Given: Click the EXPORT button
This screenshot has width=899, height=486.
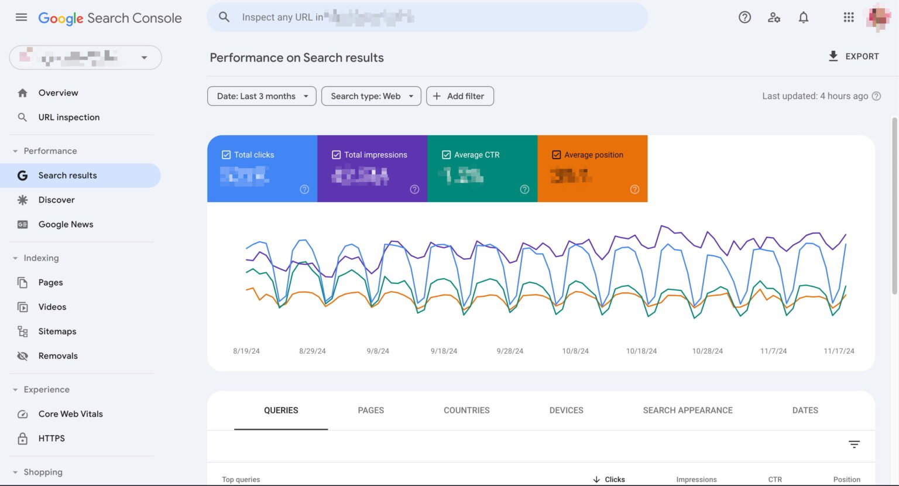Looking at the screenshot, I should (x=853, y=56).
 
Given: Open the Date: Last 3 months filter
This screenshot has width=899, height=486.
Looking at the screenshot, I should (x=262, y=96).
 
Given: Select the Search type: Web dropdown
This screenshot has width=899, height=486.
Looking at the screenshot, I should (x=371, y=96).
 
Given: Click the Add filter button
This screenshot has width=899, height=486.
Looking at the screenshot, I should (x=460, y=96).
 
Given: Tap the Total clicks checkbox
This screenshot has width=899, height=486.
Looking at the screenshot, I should (x=226, y=155).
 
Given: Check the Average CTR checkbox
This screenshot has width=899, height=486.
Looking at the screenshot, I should (x=446, y=155).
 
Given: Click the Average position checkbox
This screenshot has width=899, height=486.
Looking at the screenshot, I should (x=556, y=155).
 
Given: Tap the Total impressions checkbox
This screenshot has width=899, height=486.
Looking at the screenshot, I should (x=336, y=155).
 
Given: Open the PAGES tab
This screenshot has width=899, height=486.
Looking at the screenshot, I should (x=370, y=410).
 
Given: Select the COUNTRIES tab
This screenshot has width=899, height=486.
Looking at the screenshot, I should (x=466, y=410).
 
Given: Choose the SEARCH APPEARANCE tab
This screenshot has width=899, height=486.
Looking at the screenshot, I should (x=688, y=410).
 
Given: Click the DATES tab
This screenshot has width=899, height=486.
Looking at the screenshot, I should (x=805, y=410).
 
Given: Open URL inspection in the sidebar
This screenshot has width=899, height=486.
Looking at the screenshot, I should (x=68, y=117).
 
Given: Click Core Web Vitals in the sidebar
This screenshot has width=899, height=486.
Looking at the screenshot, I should (x=70, y=414).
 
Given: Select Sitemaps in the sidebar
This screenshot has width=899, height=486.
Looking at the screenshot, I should (x=57, y=331).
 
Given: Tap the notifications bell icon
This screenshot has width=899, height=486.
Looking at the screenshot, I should (x=804, y=18).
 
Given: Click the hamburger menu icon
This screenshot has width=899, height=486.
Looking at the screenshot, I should (x=21, y=18).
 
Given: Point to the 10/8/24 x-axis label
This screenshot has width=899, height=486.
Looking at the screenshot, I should (x=575, y=351).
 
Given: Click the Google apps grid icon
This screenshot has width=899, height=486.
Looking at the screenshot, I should (x=849, y=18).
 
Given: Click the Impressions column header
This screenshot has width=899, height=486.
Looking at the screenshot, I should (x=696, y=480).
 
